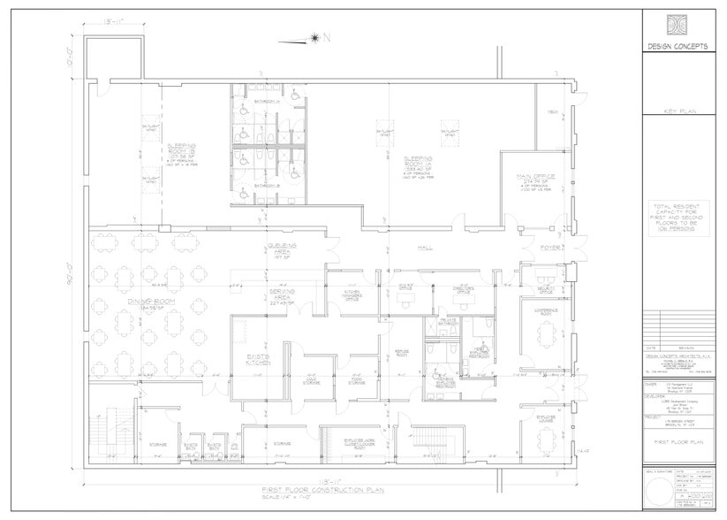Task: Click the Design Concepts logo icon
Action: [x=679, y=23]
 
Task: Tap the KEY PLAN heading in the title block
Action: [x=679, y=112]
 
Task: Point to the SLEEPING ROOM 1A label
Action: [x=413, y=161]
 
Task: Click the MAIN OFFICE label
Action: [x=534, y=180]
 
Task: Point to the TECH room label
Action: [x=552, y=112]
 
